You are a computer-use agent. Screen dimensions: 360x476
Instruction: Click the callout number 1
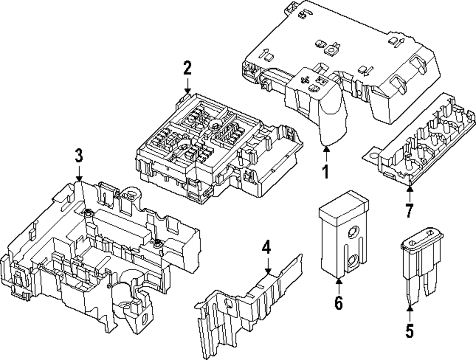[326, 171]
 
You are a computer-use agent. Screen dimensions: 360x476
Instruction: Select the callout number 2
[188, 68]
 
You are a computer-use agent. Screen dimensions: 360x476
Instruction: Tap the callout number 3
[79, 155]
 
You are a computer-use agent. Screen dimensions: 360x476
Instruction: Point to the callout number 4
[267, 247]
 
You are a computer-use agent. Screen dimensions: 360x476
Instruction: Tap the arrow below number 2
[188, 87]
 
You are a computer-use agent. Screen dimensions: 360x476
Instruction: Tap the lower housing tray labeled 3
[95, 252]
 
